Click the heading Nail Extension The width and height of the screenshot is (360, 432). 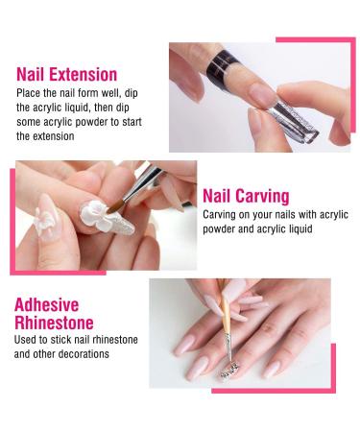[66, 74]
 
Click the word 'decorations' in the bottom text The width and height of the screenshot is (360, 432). [84, 355]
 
